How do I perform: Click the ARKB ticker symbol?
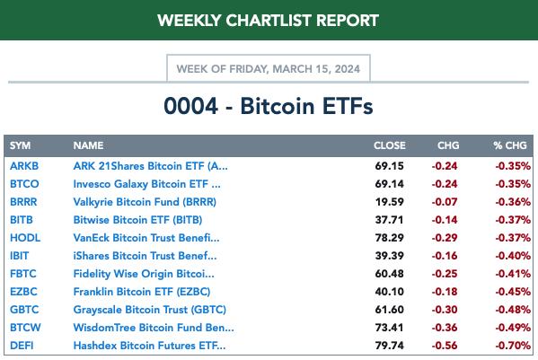[x=24, y=166]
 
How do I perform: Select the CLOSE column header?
[x=390, y=145]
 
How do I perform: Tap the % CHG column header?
[x=510, y=145]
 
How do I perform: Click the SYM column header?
[x=20, y=145]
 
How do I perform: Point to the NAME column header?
[x=88, y=145]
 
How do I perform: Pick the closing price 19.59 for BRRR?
[x=390, y=202]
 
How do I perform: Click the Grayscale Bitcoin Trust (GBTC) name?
[x=150, y=310]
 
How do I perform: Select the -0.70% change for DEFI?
[x=513, y=346]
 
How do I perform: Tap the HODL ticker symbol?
[x=25, y=238]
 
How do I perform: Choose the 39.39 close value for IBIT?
[x=390, y=256]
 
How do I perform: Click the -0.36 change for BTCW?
[x=445, y=328]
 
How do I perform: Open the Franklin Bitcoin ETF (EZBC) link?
[x=142, y=292]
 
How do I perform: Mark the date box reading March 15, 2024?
[x=269, y=68]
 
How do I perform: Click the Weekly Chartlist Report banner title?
[x=269, y=21]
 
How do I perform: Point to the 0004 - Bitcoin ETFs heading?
[x=269, y=106]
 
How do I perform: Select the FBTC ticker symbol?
[x=23, y=274]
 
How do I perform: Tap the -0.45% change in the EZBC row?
[x=513, y=292]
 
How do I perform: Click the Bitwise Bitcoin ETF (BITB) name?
[x=137, y=220]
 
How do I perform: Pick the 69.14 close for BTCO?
[x=390, y=184]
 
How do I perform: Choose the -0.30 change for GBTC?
[x=445, y=310]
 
